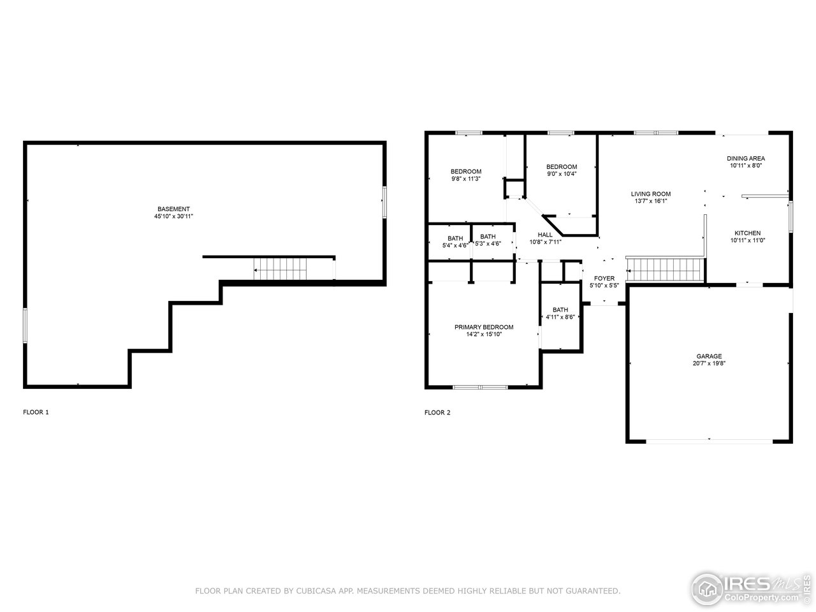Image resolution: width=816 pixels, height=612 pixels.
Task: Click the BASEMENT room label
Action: point(173,209)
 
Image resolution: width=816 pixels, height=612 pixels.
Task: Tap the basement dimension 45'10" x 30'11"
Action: point(173,217)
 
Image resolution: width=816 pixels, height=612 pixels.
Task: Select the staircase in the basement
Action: point(280,268)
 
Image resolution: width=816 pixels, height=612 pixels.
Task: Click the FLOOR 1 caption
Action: point(36,412)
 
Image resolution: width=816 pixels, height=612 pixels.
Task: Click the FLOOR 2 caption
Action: point(437,412)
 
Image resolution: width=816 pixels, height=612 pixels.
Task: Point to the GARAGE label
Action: point(708,356)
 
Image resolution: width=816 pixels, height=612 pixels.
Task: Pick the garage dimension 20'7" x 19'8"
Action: point(708,364)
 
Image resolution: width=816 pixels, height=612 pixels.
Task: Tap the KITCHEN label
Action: point(747,233)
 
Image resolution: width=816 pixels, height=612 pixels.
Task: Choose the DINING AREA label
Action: point(746,158)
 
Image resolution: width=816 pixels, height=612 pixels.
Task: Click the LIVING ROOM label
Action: point(651,194)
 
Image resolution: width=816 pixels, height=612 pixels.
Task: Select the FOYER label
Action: point(604,279)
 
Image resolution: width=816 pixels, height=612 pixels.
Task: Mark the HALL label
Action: point(545,235)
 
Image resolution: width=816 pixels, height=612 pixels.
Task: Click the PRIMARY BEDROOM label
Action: point(483,327)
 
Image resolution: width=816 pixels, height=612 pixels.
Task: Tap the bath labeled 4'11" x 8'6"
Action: point(560,313)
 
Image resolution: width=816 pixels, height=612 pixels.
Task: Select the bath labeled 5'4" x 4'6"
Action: point(455,242)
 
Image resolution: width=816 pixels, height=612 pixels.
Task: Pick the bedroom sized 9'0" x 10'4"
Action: point(561,170)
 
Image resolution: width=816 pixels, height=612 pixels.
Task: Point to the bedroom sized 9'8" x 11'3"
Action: point(465,175)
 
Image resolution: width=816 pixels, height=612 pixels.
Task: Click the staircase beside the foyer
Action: point(665,268)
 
